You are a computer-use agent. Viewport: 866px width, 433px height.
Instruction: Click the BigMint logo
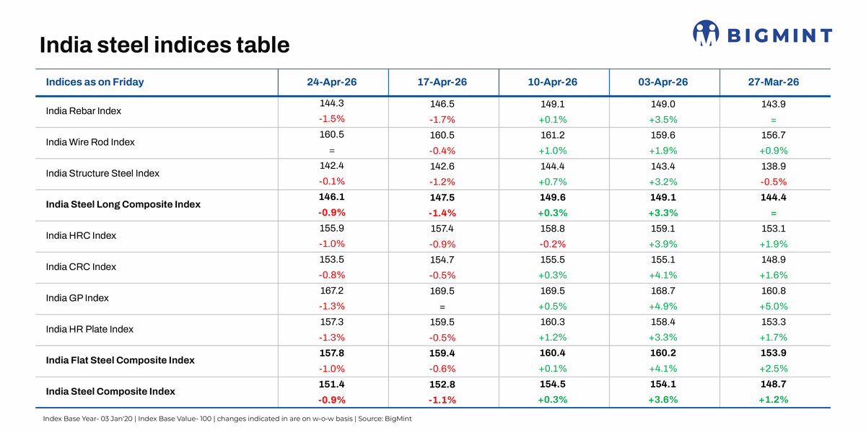(762, 33)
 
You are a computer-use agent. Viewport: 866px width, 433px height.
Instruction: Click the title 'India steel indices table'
(165, 45)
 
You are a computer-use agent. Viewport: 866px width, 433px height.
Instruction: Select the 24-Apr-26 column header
(332, 82)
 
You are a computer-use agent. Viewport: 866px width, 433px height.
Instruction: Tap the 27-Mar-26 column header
(774, 82)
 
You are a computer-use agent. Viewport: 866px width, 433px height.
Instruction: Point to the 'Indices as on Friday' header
(95, 82)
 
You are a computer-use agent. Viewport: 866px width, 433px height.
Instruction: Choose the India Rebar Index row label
(84, 111)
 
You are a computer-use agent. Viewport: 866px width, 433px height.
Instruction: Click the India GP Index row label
(77, 298)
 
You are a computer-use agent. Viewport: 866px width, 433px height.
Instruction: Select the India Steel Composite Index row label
(110, 391)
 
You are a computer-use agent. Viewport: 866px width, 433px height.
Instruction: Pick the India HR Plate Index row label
(89, 329)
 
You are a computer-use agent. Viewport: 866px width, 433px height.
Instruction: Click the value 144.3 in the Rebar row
(332, 103)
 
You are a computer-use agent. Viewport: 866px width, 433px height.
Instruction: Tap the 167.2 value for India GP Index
(332, 290)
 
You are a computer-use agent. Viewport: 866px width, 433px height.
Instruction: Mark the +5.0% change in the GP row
(774, 306)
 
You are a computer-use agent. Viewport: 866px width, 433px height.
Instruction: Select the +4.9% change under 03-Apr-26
(663, 306)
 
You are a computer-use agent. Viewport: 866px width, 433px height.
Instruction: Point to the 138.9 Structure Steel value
(774, 166)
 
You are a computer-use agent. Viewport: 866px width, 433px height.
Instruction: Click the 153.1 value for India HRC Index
(774, 228)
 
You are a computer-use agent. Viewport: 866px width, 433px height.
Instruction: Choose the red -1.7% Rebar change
(442, 120)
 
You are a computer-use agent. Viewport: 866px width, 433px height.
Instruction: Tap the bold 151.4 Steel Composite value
(332, 383)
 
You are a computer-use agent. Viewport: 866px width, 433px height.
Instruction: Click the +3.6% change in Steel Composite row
(663, 400)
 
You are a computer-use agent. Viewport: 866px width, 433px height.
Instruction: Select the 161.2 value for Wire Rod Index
(553, 135)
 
